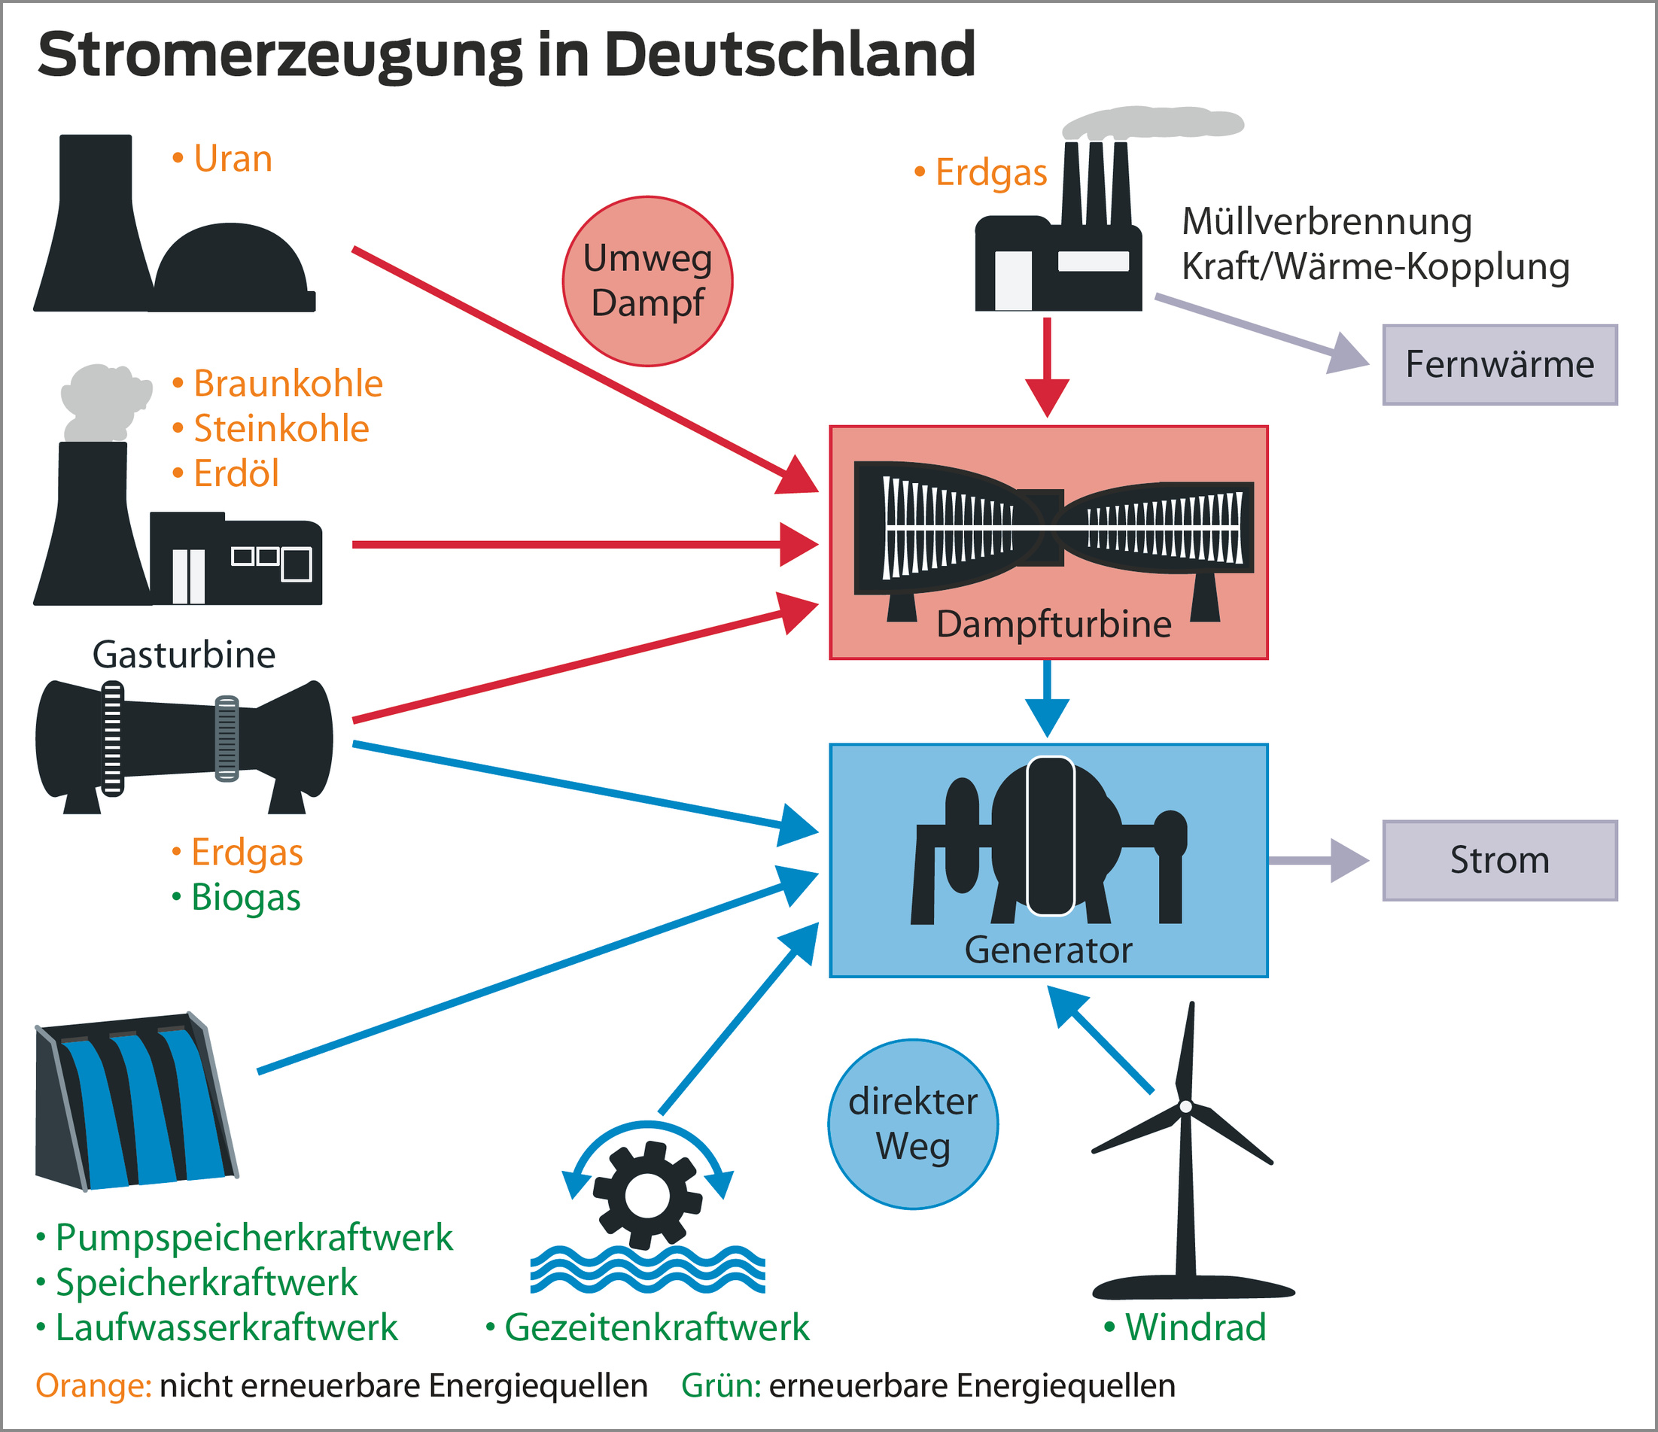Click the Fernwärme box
click(1499, 365)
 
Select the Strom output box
click(1499, 860)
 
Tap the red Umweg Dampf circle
click(647, 281)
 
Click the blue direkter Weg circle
click(913, 1124)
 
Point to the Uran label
click(232, 158)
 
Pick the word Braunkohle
click(287, 383)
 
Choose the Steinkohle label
click(281, 429)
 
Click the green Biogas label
click(245, 897)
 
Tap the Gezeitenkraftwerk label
click(656, 1327)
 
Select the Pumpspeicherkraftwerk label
click(253, 1238)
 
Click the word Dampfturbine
click(1053, 624)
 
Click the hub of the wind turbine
click(1186, 1106)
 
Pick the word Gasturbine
click(184, 655)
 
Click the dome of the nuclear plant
click(230, 264)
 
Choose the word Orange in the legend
click(93, 1385)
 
